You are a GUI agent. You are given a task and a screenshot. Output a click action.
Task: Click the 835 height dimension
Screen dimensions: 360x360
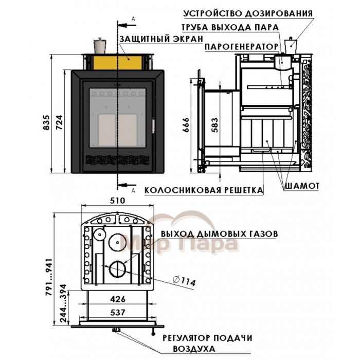pyautogui.click(x=46, y=122)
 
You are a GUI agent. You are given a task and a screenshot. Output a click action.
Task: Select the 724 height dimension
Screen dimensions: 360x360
pyautogui.click(x=59, y=122)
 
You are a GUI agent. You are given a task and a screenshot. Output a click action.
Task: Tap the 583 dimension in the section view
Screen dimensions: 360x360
pyautogui.click(x=214, y=125)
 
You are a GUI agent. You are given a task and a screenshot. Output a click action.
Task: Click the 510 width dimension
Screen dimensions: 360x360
pyautogui.click(x=118, y=201)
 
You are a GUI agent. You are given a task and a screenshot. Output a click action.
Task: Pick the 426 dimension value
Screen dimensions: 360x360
pyautogui.click(x=118, y=299)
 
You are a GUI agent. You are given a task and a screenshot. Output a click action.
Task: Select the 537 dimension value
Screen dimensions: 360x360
pyautogui.click(x=118, y=312)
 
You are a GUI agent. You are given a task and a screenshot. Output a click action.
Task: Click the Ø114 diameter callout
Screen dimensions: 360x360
pyautogui.click(x=184, y=281)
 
